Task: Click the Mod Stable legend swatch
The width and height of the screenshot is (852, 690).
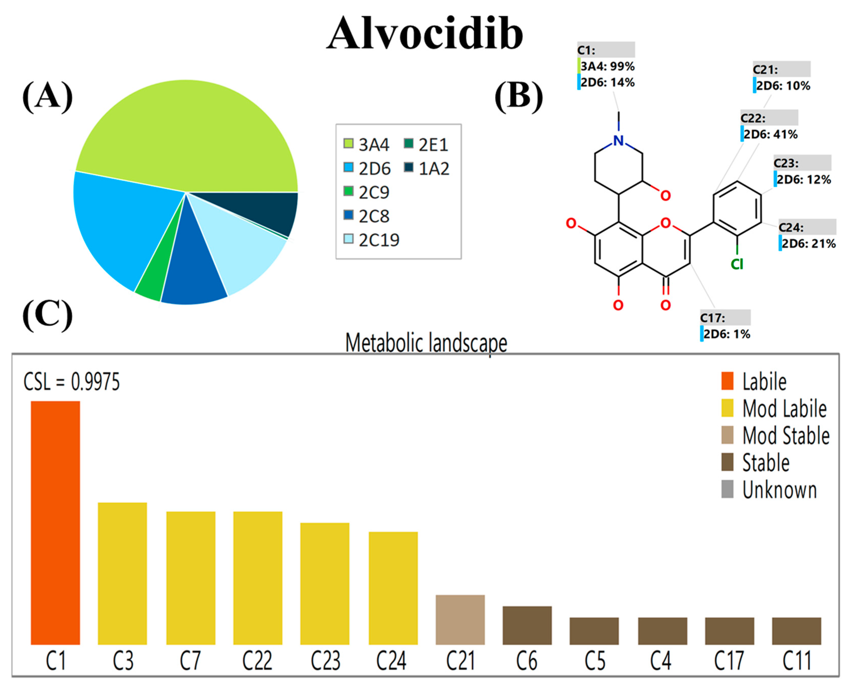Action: pyautogui.click(x=727, y=435)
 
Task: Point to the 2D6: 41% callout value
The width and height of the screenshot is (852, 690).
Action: pyautogui.click(x=770, y=134)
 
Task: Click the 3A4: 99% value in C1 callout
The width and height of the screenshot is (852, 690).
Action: pyautogui.click(x=607, y=66)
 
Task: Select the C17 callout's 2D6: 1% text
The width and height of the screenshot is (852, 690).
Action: pyautogui.click(x=727, y=334)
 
